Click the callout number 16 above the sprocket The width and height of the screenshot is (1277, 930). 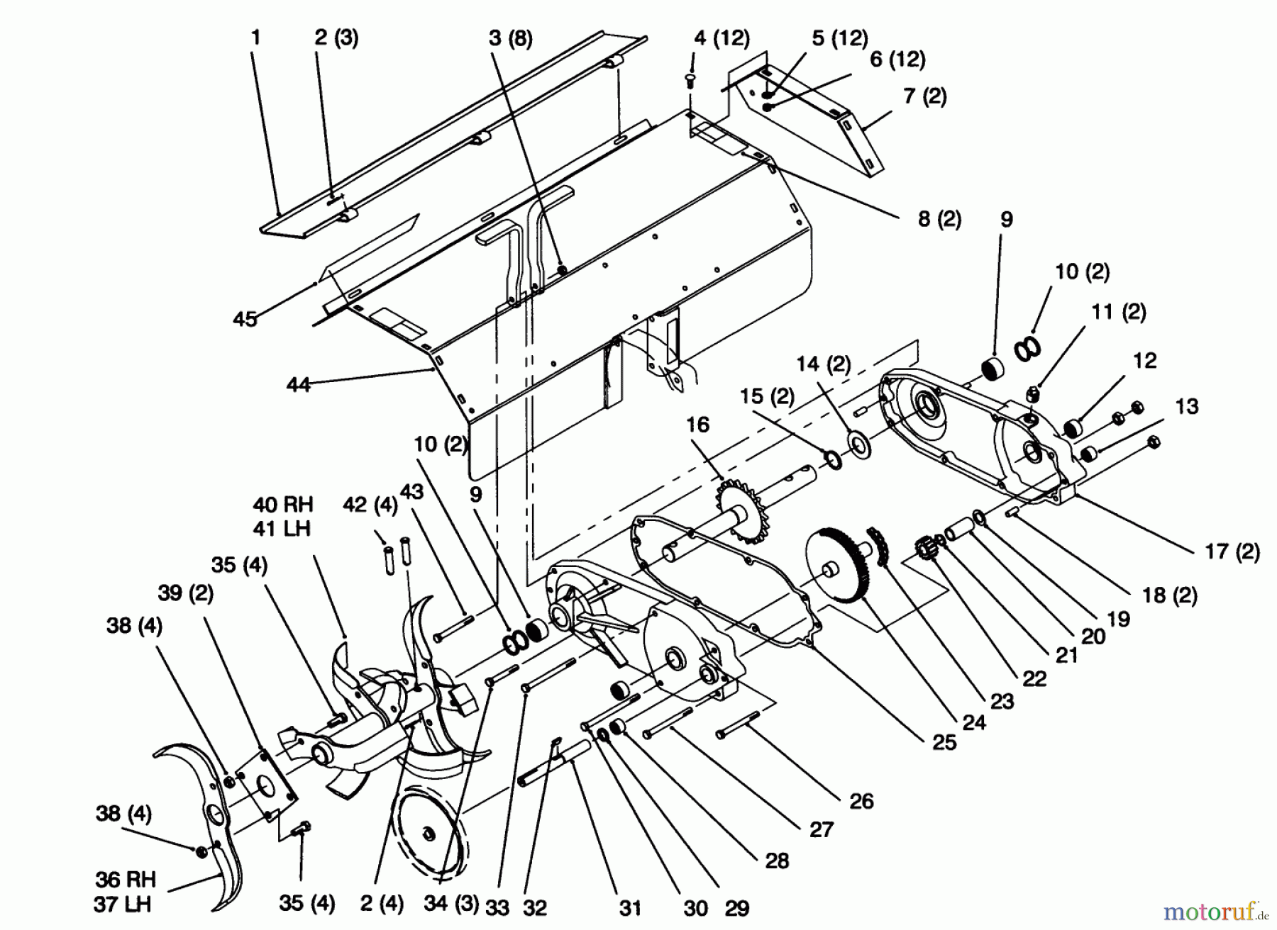697,425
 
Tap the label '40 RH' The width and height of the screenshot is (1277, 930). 282,505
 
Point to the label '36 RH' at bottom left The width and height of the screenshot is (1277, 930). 126,880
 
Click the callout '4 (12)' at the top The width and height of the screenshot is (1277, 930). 722,38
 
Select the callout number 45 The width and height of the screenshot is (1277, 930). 245,320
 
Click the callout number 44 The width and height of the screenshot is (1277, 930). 298,385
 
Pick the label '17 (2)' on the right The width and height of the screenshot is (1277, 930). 1232,551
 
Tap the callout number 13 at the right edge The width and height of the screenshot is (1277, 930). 1186,406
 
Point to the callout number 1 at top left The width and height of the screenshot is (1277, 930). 256,37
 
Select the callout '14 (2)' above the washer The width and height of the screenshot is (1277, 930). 823,364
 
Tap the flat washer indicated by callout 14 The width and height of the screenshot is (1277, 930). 861,445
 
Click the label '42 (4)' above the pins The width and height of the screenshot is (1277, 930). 370,505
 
